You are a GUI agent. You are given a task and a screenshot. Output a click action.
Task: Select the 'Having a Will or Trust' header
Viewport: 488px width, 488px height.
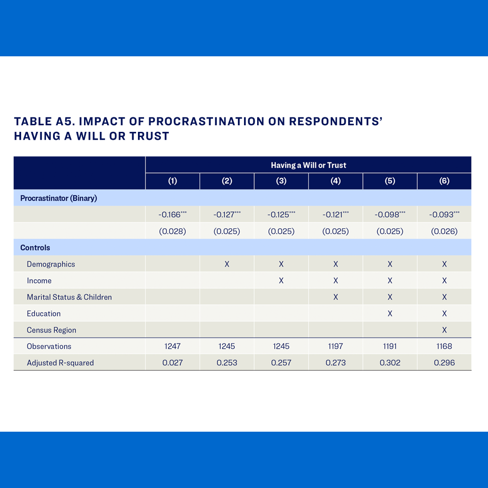pyautogui.click(x=308, y=165)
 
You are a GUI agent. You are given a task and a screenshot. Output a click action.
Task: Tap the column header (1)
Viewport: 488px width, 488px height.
pyautogui.click(x=173, y=182)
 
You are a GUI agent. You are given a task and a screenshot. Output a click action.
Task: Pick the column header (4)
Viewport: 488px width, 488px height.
pyautogui.click(x=335, y=182)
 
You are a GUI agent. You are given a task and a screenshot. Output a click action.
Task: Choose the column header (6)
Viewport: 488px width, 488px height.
pyautogui.click(x=444, y=182)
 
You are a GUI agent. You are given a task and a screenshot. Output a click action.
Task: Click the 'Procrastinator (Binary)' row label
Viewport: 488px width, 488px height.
pyautogui.click(x=59, y=198)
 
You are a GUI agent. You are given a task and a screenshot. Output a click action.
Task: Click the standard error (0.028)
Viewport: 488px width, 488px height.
pyautogui.click(x=173, y=231)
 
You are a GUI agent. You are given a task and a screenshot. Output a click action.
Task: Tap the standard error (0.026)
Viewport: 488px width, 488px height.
pyautogui.click(x=444, y=231)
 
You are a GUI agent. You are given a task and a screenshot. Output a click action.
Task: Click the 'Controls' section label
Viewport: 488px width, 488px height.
pyautogui.click(x=35, y=248)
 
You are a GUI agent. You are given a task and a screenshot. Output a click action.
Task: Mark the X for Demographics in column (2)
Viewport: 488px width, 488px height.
pyautogui.click(x=227, y=264)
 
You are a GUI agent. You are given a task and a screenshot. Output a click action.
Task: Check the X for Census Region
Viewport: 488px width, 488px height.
pyautogui.click(x=444, y=330)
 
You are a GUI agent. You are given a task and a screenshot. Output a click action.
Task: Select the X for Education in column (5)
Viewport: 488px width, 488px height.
pyautogui.click(x=390, y=313)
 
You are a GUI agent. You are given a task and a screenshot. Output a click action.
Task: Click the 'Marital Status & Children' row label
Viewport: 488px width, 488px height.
pyautogui.click(x=69, y=297)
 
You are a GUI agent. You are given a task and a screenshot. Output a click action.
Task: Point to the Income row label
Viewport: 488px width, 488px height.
pyautogui.click(x=39, y=281)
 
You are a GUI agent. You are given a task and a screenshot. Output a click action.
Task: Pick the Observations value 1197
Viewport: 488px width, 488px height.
pyautogui.click(x=335, y=346)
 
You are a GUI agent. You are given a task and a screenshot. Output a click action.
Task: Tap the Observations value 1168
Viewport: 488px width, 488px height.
pyautogui.click(x=444, y=346)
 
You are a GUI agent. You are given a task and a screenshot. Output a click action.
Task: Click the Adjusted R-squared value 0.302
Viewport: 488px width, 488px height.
pyautogui.click(x=390, y=363)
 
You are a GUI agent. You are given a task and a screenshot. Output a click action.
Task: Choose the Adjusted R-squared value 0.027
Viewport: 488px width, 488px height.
pyautogui.click(x=173, y=363)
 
